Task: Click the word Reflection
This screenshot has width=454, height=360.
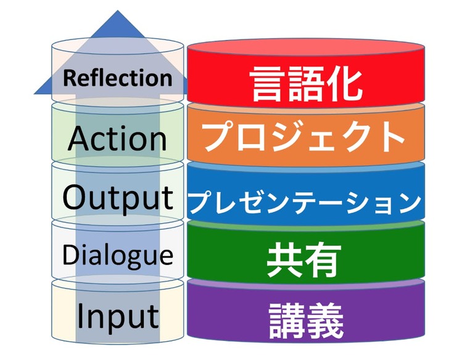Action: coord(117,78)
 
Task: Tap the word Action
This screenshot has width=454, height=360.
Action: coord(117,138)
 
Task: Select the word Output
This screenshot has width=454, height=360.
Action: coord(117,197)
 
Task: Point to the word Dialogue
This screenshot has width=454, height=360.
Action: coord(117,255)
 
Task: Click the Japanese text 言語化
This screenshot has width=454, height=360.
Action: coord(307,83)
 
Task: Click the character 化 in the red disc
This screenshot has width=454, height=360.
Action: coord(346,83)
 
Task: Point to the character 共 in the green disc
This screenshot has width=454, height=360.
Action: coord(285,260)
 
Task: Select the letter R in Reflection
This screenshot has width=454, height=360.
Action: coord(69,78)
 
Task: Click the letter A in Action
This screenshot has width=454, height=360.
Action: coord(79,138)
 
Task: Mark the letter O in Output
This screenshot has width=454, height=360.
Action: coord(76,197)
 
